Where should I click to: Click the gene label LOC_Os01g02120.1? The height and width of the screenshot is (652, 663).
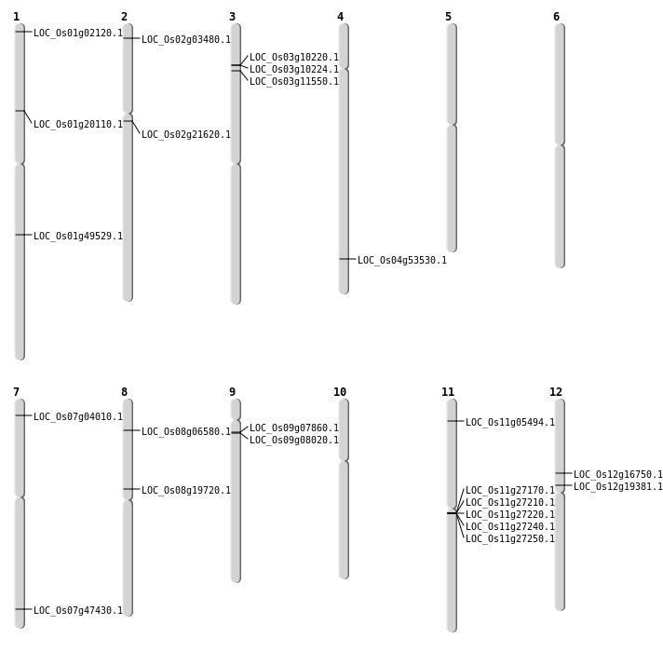(x=78, y=33)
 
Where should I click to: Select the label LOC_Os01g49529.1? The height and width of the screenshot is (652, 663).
(x=78, y=236)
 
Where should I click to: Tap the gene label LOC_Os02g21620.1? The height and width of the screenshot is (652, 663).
(x=186, y=134)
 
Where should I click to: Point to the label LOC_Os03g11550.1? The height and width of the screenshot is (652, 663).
(x=294, y=81)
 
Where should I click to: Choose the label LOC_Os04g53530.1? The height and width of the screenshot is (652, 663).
(x=402, y=260)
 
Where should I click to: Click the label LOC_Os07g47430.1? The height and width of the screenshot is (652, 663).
(x=78, y=610)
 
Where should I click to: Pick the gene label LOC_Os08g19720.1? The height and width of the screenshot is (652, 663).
(x=186, y=490)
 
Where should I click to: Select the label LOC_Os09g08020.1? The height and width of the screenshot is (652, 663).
(x=294, y=440)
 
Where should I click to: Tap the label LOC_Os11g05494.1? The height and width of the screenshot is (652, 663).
(x=510, y=422)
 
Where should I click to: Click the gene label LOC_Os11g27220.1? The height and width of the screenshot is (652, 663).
(x=510, y=514)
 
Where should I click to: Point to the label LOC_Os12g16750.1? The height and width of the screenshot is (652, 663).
(x=618, y=474)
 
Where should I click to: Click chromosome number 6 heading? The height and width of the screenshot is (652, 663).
(x=556, y=17)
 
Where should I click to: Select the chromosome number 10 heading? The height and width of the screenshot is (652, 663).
(x=340, y=392)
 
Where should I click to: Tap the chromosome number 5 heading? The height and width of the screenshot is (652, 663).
(x=448, y=17)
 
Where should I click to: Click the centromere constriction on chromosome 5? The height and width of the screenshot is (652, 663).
(x=452, y=124)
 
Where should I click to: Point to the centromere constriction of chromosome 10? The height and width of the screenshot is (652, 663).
(x=344, y=461)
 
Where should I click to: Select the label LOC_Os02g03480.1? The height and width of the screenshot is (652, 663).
(x=186, y=39)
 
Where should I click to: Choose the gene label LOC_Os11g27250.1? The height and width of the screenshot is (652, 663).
(x=510, y=538)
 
